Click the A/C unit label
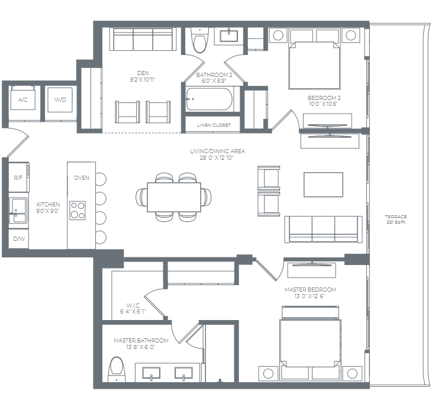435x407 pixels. coord(23,100)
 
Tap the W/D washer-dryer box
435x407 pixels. coord(60,99)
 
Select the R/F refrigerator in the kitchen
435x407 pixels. coord(18,177)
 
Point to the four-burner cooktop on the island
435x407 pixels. coord(78,210)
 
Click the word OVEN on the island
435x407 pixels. coord(81,177)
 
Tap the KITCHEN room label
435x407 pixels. coord(48,204)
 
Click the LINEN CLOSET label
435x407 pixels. coord(214,124)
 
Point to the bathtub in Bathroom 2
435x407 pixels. coord(209,99)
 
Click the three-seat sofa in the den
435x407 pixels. coord(143,40)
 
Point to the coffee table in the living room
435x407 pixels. coord(323,184)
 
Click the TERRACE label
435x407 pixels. coord(396,217)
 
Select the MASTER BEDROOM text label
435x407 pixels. coord(310,289)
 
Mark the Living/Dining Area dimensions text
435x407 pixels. coord(217,157)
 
